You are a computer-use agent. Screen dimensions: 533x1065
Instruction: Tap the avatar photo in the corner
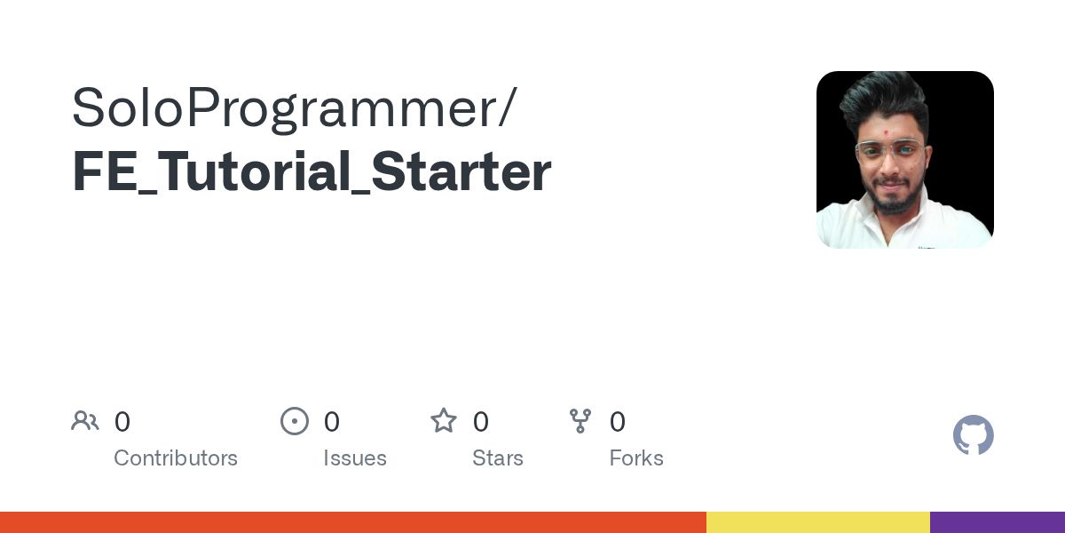tap(904, 160)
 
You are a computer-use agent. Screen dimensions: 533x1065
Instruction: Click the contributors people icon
tap(85, 421)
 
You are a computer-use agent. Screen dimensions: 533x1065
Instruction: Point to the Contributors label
tap(176, 458)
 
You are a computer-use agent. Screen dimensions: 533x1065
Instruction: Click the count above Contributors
tap(122, 422)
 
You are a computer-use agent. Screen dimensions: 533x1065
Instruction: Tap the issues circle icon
tap(295, 421)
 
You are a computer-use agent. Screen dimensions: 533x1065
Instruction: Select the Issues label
tap(355, 458)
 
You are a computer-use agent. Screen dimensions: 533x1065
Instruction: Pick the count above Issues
tap(331, 422)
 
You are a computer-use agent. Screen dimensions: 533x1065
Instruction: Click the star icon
tap(444, 421)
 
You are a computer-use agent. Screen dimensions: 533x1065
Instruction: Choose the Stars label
tap(498, 458)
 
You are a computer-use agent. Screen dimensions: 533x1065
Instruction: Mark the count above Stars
tap(480, 422)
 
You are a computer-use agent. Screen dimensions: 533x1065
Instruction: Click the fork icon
tap(580, 421)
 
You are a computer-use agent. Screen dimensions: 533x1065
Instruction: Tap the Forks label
tap(636, 458)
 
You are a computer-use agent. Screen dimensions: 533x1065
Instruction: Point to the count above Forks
tap(618, 422)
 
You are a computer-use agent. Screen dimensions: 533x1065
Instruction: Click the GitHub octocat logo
tap(973, 435)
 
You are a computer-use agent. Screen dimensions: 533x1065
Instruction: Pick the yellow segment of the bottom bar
tap(817, 522)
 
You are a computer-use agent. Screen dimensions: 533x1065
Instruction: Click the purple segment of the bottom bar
tap(998, 522)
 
